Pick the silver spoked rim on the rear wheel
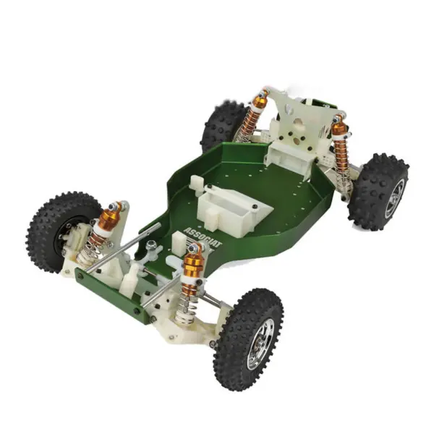click(393, 197)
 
